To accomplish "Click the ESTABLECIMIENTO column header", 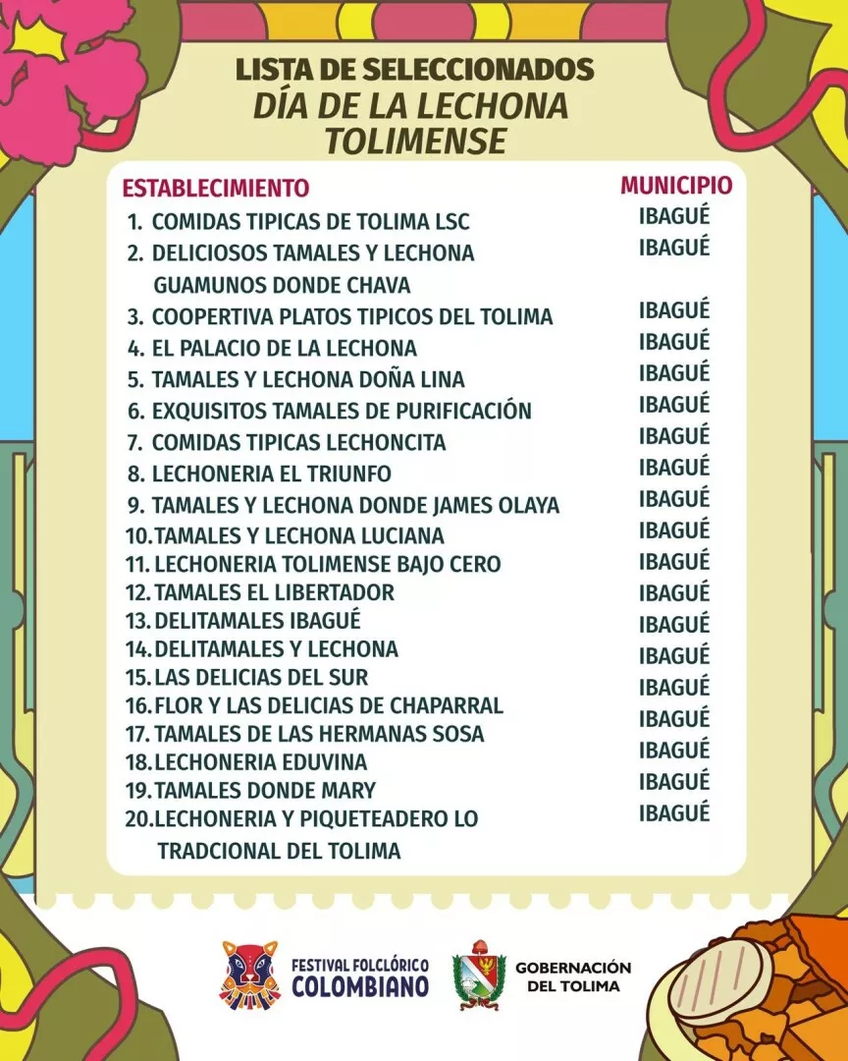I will coord(215,188).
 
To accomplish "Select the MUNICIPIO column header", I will coord(676,185).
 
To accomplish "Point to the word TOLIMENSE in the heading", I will coord(415,140).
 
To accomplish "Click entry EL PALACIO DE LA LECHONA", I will coord(284,348).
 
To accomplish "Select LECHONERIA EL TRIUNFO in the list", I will coord(271,474).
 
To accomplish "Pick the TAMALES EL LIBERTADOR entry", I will coord(274,592).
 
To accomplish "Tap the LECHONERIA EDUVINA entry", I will coord(260,762).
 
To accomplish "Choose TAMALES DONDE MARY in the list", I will coord(265,791).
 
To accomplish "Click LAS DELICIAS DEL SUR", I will coord(261,678).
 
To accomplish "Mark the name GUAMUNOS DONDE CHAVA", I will coord(282,285).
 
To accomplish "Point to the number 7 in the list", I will coord(135,442).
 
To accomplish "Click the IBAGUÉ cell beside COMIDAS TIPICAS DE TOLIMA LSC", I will coord(674,216).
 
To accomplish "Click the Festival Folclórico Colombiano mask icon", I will coord(250,975).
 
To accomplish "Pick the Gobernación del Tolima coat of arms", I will coord(479,975).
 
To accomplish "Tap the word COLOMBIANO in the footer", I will coord(360,985).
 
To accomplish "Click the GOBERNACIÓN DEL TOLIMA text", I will coord(573,977).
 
